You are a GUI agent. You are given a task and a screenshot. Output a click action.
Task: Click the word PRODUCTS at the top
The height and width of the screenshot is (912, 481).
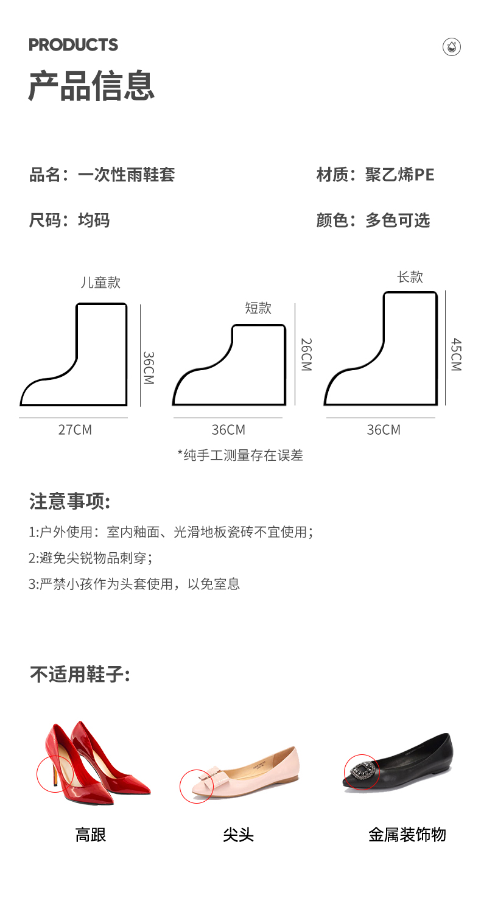point(73,45)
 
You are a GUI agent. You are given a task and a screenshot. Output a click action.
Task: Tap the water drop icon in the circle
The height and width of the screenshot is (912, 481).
point(451,47)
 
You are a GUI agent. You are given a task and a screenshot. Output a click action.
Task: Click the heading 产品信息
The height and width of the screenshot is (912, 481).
point(91,86)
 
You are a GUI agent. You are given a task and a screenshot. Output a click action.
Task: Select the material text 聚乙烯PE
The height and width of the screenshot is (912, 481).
point(400,175)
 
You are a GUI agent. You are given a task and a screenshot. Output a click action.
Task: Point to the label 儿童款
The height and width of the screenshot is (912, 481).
point(100,282)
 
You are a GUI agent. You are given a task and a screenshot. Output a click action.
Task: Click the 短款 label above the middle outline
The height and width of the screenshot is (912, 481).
point(258,308)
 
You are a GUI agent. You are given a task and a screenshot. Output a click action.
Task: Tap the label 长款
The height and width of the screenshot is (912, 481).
point(410,277)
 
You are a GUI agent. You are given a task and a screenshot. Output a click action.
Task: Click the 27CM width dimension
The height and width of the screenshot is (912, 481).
point(75,430)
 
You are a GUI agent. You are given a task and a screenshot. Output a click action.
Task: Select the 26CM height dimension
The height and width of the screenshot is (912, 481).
point(306,355)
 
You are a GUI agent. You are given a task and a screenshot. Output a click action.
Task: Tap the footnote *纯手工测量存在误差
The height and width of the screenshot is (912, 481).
point(240,455)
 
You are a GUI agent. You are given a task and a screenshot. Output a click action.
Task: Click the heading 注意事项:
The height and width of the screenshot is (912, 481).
point(69,502)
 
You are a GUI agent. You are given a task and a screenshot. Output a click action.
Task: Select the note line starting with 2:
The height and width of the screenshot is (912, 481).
point(90,558)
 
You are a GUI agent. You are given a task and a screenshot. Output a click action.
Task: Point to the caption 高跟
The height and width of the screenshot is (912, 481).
point(91,834)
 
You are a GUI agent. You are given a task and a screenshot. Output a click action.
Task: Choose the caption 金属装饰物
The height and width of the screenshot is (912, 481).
point(407,834)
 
